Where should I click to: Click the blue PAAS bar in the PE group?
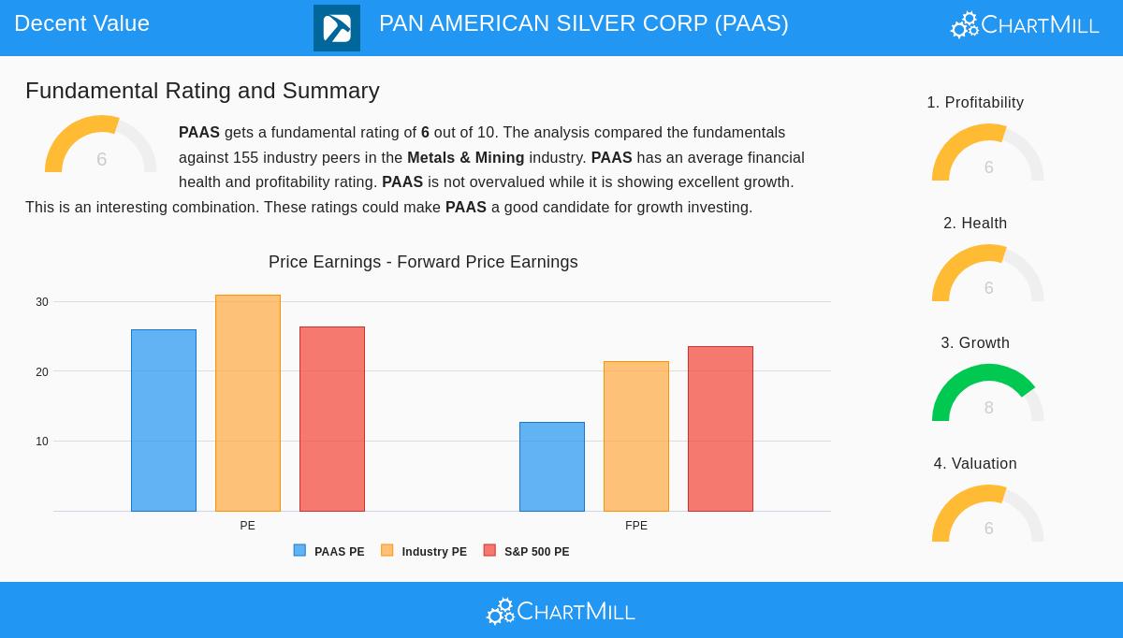tap(164, 420)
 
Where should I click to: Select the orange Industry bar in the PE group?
tap(248, 403)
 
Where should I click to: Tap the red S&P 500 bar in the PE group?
tap(332, 419)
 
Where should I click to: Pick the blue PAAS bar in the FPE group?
tap(552, 467)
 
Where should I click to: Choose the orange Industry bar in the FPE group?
tap(636, 436)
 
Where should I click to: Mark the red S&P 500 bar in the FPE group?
tap(721, 428)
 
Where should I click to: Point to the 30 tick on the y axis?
tap(42, 302)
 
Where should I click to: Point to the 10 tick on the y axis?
tap(42, 442)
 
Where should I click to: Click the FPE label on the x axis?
tap(636, 526)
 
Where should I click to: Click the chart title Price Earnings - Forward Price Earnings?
tap(423, 262)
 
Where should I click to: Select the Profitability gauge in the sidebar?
tap(987, 152)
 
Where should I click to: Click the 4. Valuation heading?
tap(975, 464)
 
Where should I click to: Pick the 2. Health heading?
tap(975, 224)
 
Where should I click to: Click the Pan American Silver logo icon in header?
tap(337, 28)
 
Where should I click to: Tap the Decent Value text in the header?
tap(82, 23)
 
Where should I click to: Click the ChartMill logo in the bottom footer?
tap(561, 611)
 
